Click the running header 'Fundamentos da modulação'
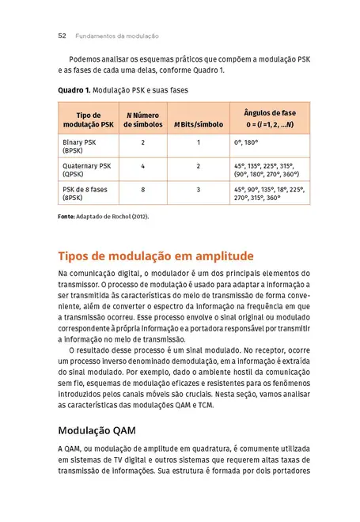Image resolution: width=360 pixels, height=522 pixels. click(x=117, y=36)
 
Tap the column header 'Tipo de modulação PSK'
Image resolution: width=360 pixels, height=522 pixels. click(x=88, y=119)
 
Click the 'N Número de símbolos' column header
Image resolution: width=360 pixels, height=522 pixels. click(x=143, y=119)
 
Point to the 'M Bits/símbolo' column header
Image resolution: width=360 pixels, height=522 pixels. click(x=199, y=124)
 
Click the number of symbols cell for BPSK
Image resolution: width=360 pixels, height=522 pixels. click(x=143, y=142)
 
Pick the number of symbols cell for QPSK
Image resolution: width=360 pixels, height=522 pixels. click(x=143, y=166)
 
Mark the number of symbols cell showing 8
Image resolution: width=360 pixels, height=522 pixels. click(x=143, y=190)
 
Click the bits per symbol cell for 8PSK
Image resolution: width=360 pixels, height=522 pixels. click(x=199, y=190)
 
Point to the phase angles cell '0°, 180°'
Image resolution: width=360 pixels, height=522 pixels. click(x=247, y=142)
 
